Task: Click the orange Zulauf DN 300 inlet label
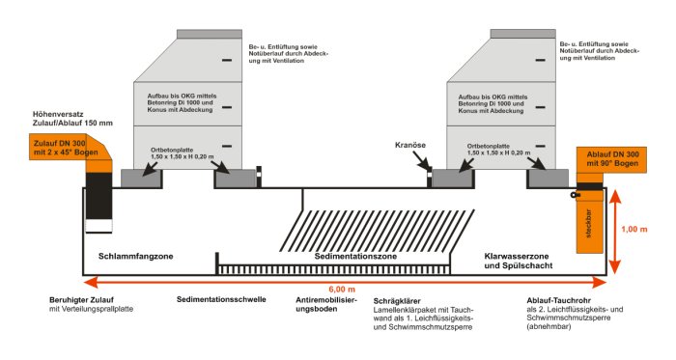(x=66, y=148)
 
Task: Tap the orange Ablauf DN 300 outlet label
(x=612, y=159)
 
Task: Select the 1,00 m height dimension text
(x=634, y=229)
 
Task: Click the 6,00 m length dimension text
(x=342, y=289)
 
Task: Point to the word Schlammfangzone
(x=136, y=256)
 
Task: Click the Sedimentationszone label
(x=355, y=256)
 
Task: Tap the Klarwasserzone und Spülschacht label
(x=518, y=261)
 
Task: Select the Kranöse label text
(x=410, y=145)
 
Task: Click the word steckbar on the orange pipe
(x=589, y=223)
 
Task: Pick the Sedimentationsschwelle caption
(x=221, y=299)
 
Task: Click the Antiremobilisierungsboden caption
(x=326, y=304)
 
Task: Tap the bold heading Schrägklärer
(x=397, y=301)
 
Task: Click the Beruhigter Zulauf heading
(x=81, y=300)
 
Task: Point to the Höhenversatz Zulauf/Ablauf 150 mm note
(x=72, y=119)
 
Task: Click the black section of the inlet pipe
(x=99, y=196)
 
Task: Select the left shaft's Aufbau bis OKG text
(x=182, y=102)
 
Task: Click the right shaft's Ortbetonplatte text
(x=499, y=150)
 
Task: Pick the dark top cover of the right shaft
(x=523, y=34)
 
